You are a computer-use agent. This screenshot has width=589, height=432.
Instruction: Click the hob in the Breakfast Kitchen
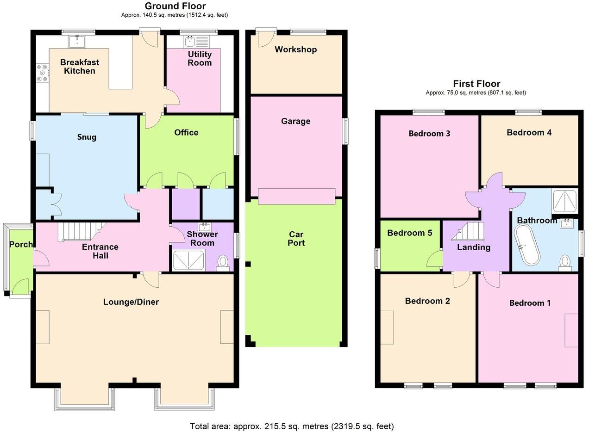coord(43,73)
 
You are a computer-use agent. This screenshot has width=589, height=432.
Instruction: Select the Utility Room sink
coord(190,42)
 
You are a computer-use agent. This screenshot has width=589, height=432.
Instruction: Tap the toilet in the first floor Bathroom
coord(564,262)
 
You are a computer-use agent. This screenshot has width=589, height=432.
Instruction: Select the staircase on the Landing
coord(469,231)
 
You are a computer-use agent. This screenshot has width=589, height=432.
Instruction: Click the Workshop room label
coord(295,49)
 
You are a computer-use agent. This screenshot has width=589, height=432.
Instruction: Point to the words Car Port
coord(296,238)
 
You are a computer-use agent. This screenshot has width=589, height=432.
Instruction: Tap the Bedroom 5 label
coord(409,233)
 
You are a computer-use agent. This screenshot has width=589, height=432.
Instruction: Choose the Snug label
coord(87,137)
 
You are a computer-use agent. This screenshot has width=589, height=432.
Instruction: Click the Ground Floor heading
coord(175,6)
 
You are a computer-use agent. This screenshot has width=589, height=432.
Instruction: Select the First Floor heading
coord(476,84)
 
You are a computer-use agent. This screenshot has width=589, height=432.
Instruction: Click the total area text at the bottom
coord(291,426)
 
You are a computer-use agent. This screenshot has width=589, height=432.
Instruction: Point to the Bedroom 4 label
coord(529,133)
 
